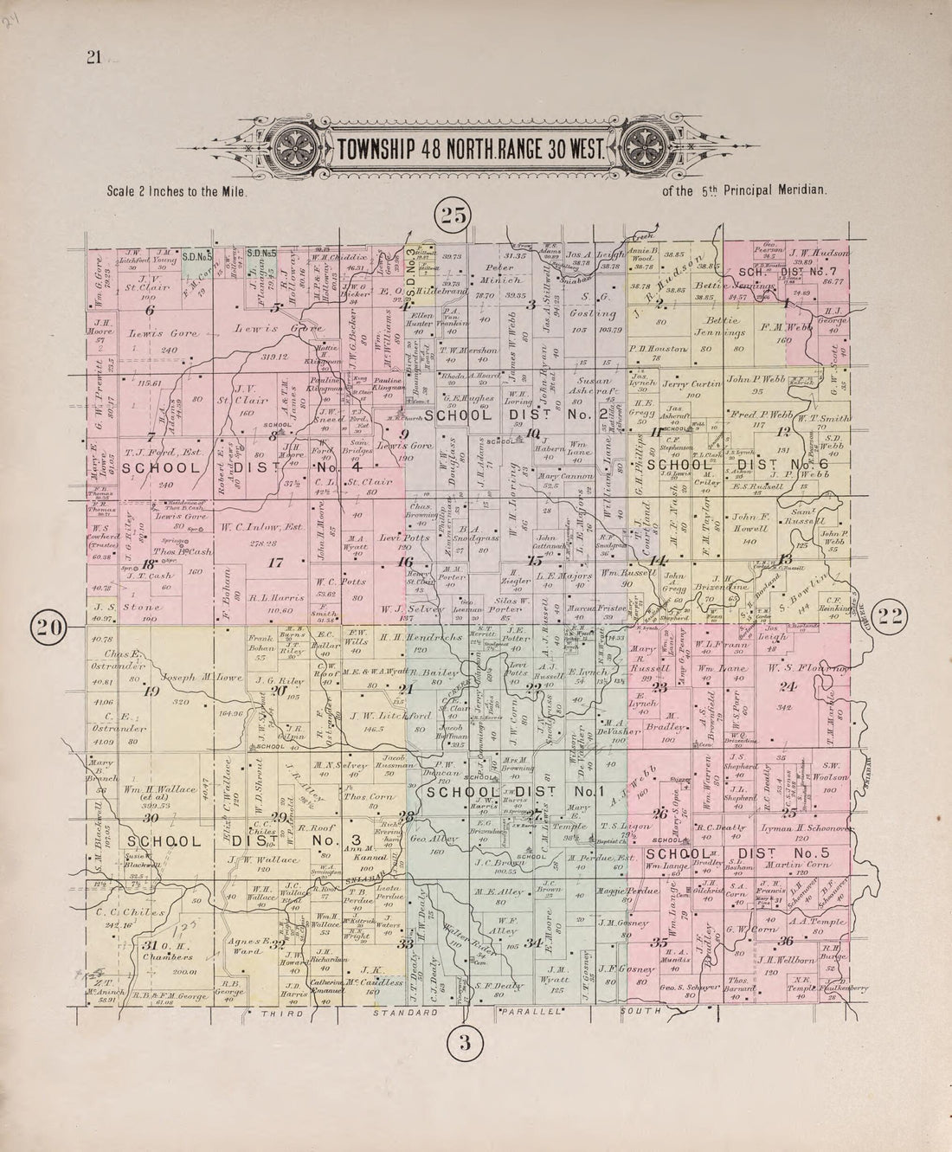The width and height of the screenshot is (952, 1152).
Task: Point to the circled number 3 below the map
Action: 465,1043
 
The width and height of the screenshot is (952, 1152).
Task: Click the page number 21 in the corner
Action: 93,58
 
